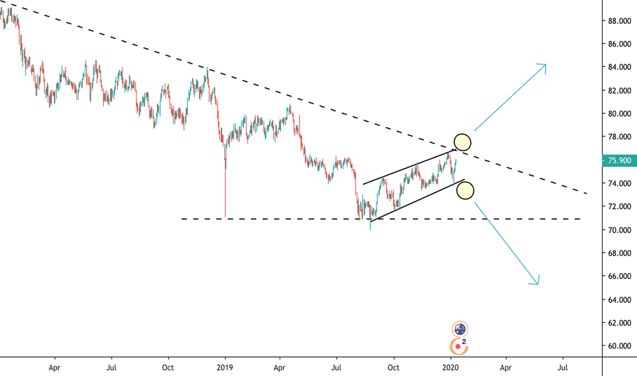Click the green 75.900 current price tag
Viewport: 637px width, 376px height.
619,161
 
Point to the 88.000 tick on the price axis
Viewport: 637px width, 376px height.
619,21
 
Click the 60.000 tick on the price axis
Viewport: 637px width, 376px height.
619,346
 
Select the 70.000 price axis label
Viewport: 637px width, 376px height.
619,230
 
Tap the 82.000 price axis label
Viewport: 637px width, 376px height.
619,90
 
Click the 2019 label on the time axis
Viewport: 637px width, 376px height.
225,366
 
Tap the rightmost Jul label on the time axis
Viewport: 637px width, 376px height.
563,366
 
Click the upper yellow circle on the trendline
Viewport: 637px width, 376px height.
462,142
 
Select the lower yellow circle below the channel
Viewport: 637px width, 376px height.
464,191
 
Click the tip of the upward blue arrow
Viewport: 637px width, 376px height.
545,64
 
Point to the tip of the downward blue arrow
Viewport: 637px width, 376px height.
538,284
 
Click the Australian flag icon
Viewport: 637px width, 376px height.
460,330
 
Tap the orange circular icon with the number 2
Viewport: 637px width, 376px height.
459,346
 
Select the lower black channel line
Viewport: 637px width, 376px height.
417,200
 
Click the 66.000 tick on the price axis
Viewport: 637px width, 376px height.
619,276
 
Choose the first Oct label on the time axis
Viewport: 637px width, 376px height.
167,366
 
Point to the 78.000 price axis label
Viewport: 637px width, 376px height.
619,137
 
